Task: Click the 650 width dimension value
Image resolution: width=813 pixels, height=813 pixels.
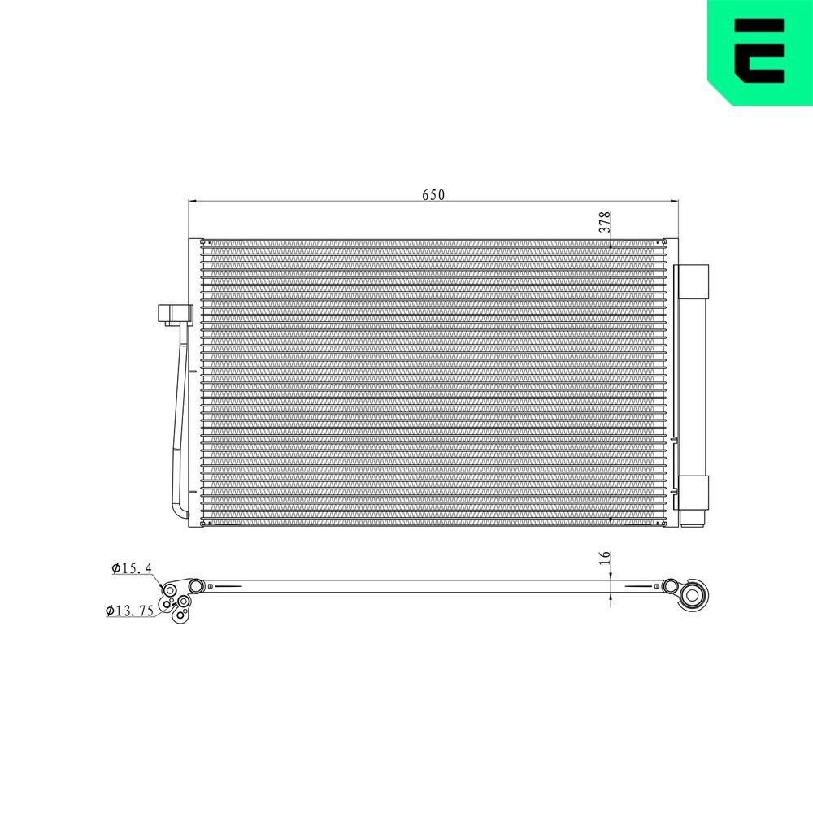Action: [x=433, y=195]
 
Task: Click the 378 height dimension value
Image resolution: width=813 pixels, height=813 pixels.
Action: [x=605, y=223]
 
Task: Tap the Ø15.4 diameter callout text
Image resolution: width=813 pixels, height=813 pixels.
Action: [x=133, y=568]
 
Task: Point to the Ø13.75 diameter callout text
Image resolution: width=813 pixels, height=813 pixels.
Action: [x=130, y=611]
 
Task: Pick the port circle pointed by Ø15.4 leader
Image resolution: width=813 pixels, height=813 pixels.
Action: [x=170, y=590]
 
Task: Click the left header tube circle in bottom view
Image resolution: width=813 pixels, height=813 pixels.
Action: [x=196, y=586]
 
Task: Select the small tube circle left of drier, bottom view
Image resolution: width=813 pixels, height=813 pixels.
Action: [x=670, y=585]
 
